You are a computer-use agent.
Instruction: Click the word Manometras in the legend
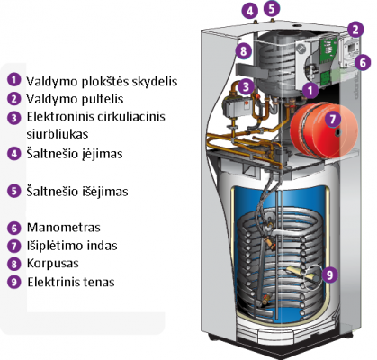[x=64, y=228]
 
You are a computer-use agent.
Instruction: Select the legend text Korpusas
[x=53, y=264]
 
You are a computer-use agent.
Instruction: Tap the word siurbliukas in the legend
[x=58, y=134]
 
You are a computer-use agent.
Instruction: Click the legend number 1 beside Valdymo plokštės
[x=13, y=80]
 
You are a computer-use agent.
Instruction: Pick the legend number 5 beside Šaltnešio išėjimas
[x=13, y=191]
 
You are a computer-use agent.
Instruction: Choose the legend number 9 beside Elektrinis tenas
[x=13, y=282]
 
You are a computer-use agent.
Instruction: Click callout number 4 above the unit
[x=250, y=11]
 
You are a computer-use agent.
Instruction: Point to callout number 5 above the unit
[x=272, y=8]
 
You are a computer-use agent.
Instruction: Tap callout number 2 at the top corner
[x=355, y=30]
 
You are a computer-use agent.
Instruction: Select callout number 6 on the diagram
[x=363, y=62]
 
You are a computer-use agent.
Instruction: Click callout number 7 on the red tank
[x=333, y=119]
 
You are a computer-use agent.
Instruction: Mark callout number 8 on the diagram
[x=243, y=50]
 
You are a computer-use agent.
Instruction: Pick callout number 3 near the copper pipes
[x=246, y=87]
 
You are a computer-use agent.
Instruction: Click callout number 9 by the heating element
[x=329, y=274]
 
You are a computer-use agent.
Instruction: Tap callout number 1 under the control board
[x=310, y=90]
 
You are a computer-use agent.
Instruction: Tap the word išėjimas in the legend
[x=105, y=192]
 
